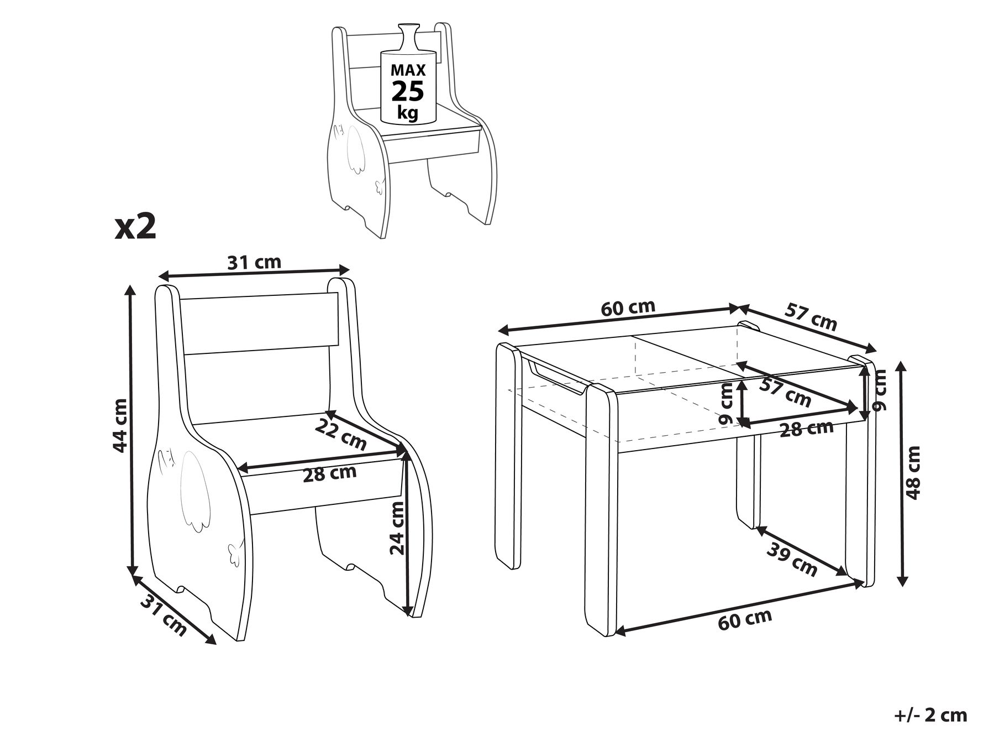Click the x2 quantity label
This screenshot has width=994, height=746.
tap(136, 227)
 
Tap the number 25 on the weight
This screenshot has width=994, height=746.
tap(408, 91)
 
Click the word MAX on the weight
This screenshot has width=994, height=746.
tap(408, 70)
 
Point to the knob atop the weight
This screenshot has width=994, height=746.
tap(409, 36)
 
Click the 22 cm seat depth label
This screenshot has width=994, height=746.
tap(341, 434)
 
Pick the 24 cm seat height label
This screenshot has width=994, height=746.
tap(397, 528)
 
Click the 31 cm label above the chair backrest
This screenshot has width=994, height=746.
tap(255, 262)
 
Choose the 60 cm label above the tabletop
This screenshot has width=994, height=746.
tap(628, 308)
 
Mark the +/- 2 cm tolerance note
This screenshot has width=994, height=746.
tap(930, 715)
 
